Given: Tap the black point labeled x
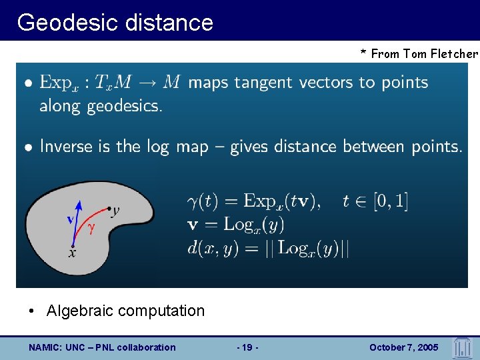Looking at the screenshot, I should (x=73, y=245).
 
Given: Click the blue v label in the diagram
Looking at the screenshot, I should (x=69, y=219).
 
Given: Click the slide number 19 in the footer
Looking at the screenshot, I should (x=247, y=347).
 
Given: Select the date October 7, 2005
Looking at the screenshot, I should (x=403, y=347).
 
